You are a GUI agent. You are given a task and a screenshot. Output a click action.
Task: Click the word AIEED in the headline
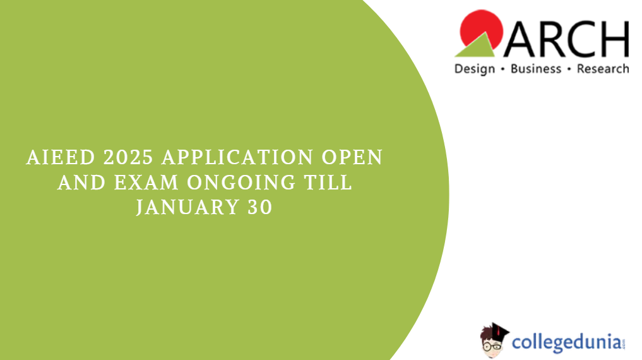click(61, 158)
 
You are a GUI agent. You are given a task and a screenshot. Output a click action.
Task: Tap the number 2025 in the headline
click(129, 158)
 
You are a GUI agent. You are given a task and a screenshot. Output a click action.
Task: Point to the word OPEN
click(352, 158)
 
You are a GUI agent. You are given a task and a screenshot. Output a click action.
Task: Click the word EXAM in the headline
click(146, 183)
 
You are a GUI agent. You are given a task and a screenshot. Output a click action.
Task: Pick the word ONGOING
click(241, 183)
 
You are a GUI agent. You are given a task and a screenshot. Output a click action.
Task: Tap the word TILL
click(328, 183)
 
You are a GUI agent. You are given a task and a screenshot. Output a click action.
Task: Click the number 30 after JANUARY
click(260, 207)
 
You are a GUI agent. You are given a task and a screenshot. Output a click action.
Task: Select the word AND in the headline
click(82, 183)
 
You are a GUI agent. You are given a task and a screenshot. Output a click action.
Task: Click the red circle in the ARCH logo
click(482, 28)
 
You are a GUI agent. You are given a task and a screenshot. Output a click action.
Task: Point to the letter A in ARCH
click(520, 39)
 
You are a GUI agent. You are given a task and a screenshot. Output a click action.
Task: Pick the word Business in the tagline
click(536, 69)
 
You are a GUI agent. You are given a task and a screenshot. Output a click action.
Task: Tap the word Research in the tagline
click(603, 69)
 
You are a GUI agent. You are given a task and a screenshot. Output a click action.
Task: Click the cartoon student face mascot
click(492, 343)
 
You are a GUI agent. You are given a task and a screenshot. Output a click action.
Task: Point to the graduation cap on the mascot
click(499, 330)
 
